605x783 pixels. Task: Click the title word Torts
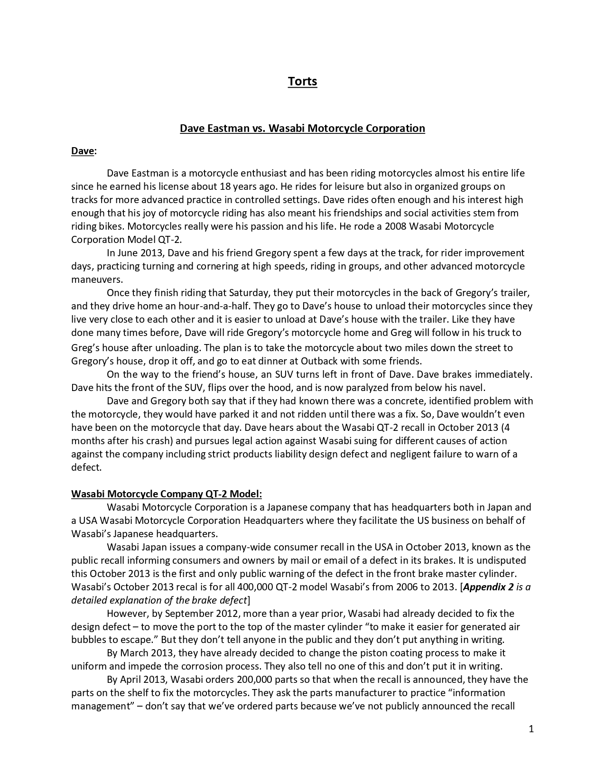[302, 82]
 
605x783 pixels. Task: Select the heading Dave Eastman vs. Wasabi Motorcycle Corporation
[302, 128]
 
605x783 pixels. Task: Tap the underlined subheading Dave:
[84, 151]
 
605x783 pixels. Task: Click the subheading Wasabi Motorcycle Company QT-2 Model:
[166, 494]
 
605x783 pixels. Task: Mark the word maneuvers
[97, 280]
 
